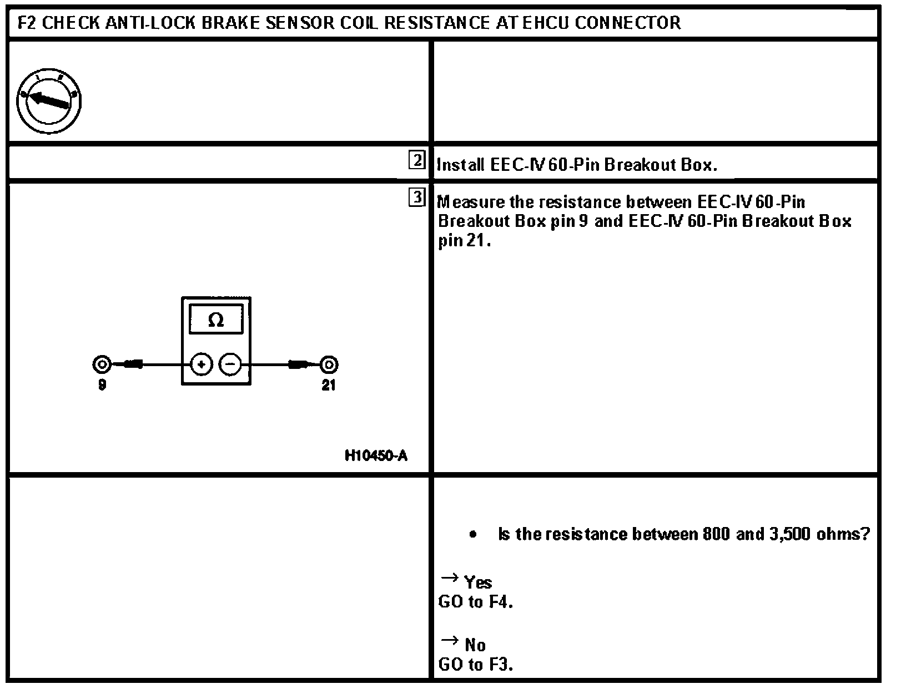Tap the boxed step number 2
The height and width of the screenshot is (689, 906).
(x=416, y=160)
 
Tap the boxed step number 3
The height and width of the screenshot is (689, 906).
(x=416, y=197)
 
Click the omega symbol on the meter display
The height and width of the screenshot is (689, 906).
(x=216, y=320)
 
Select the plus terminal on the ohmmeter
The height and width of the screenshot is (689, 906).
(x=202, y=364)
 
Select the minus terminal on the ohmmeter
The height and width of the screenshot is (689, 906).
(x=230, y=364)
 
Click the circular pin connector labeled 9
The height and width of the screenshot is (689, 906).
(x=102, y=364)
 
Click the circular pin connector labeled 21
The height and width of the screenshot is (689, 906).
(x=329, y=364)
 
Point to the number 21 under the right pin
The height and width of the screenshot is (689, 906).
(x=329, y=385)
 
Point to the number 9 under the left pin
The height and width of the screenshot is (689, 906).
(x=102, y=385)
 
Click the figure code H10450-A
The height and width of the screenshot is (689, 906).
(x=376, y=456)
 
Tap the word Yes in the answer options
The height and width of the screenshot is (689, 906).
(x=478, y=582)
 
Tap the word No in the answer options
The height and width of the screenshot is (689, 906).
(x=475, y=645)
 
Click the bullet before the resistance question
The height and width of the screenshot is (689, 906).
(x=472, y=535)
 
